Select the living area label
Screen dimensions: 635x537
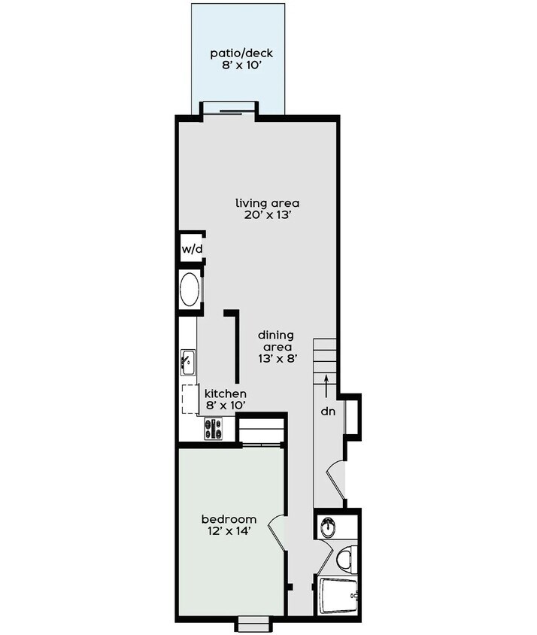click(x=268, y=203)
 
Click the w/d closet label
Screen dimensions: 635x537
click(x=192, y=249)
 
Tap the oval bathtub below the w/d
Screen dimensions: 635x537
click(x=190, y=290)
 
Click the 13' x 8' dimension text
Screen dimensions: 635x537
click(x=275, y=359)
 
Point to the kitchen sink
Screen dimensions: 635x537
click(x=187, y=363)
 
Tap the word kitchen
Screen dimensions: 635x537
click(x=226, y=393)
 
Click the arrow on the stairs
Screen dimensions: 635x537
click(x=326, y=384)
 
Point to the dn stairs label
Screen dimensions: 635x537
click(x=327, y=412)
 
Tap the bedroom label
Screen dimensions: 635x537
click(x=229, y=520)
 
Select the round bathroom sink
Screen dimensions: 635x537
click(x=328, y=527)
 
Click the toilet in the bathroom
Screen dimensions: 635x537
click(x=344, y=558)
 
